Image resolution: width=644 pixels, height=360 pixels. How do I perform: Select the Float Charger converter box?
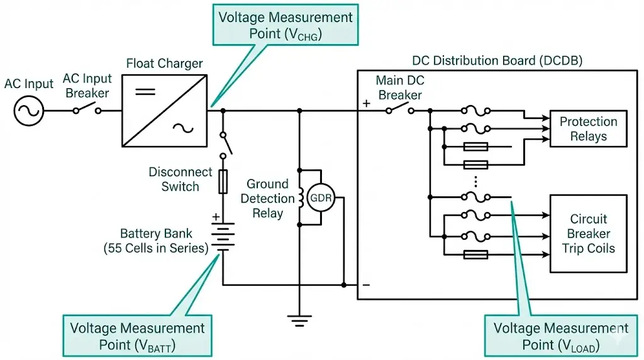tap(164, 111)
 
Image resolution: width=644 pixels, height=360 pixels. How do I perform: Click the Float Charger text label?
tap(164, 64)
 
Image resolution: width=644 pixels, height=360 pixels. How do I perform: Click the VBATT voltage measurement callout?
tap(137, 336)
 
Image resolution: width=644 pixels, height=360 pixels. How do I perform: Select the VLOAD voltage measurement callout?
tap(560, 336)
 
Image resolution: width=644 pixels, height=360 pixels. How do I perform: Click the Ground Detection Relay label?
tap(270, 198)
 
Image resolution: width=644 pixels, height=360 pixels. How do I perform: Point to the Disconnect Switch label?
tap(180, 179)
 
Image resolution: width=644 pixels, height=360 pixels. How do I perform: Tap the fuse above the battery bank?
tap(223, 182)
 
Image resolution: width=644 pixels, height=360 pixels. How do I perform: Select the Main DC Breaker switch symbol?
tap(399, 110)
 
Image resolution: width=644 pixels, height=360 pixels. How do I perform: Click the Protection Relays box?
tap(588, 129)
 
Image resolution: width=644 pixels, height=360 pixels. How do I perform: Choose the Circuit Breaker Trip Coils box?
tap(588, 233)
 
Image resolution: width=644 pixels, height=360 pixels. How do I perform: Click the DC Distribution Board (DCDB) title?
tap(497, 61)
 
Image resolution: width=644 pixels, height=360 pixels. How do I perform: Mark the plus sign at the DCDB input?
tap(366, 103)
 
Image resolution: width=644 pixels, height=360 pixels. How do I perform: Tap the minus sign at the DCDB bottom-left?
tap(366, 285)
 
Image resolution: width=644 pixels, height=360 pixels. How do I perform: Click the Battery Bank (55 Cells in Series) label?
tap(155, 241)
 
